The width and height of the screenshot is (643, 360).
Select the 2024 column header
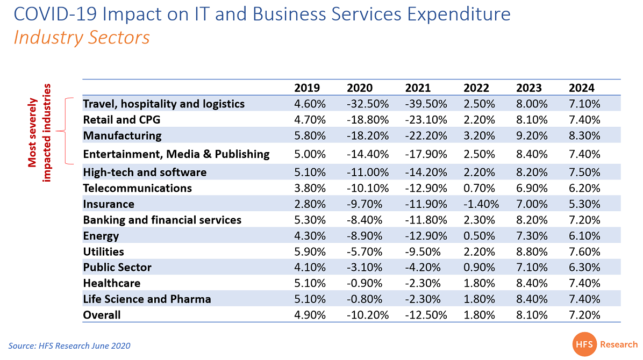point(582,88)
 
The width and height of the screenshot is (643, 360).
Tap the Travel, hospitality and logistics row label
point(163,104)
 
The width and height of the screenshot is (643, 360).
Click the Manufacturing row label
point(122,135)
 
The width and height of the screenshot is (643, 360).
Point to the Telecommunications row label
point(137,188)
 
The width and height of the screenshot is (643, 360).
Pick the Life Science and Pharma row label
point(147,299)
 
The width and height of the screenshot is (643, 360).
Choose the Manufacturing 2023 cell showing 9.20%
point(532,135)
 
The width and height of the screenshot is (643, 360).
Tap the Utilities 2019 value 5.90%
point(310,251)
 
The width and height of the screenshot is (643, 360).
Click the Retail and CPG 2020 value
point(367,120)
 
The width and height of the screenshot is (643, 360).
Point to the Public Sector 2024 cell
point(585,268)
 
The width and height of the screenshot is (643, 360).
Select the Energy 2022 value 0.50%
point(478,236)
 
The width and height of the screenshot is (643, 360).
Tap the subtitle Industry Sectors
point(81,38)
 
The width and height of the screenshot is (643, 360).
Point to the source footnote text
point(69,345)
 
